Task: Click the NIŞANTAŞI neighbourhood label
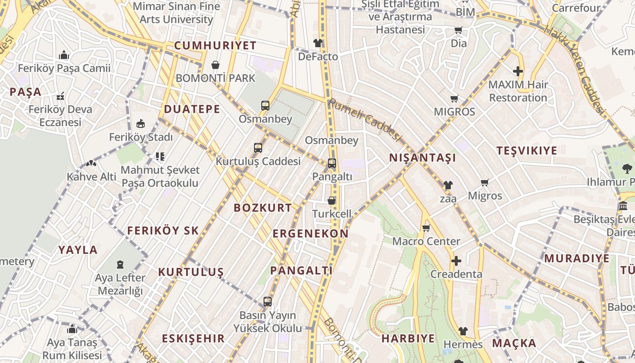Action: click(x=423, y=158)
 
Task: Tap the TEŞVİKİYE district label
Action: click(x=527, y=151)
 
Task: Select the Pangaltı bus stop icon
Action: click(x=332, y=163)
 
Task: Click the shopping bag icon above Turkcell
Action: click(x=332, y=200)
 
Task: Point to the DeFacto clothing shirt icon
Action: click(x=318, y=43)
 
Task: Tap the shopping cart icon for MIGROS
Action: click(x=454, y=98)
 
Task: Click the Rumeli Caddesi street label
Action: click(x=365, y=120)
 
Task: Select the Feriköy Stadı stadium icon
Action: click(x=141, y=123)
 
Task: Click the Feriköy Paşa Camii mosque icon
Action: click(x=64, y=55)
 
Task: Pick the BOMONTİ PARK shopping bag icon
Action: click(x=215, y=65)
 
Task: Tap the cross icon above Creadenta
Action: click(x=456, y=261)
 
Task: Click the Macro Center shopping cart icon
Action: click(x=426, y=228)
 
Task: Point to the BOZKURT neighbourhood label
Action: click(x=263, y=208)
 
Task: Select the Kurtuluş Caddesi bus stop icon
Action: click(x=258, y=148)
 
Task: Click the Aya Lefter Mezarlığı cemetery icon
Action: click(x=120, y=264)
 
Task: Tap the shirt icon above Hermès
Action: click(x=463, y=331)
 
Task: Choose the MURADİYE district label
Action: click(x=577, y=259)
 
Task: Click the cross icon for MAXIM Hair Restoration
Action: click(x=518, y=71)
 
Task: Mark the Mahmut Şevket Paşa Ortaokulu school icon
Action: click(x=160, y=157)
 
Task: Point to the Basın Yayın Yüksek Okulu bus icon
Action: click(x=268, y=301)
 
